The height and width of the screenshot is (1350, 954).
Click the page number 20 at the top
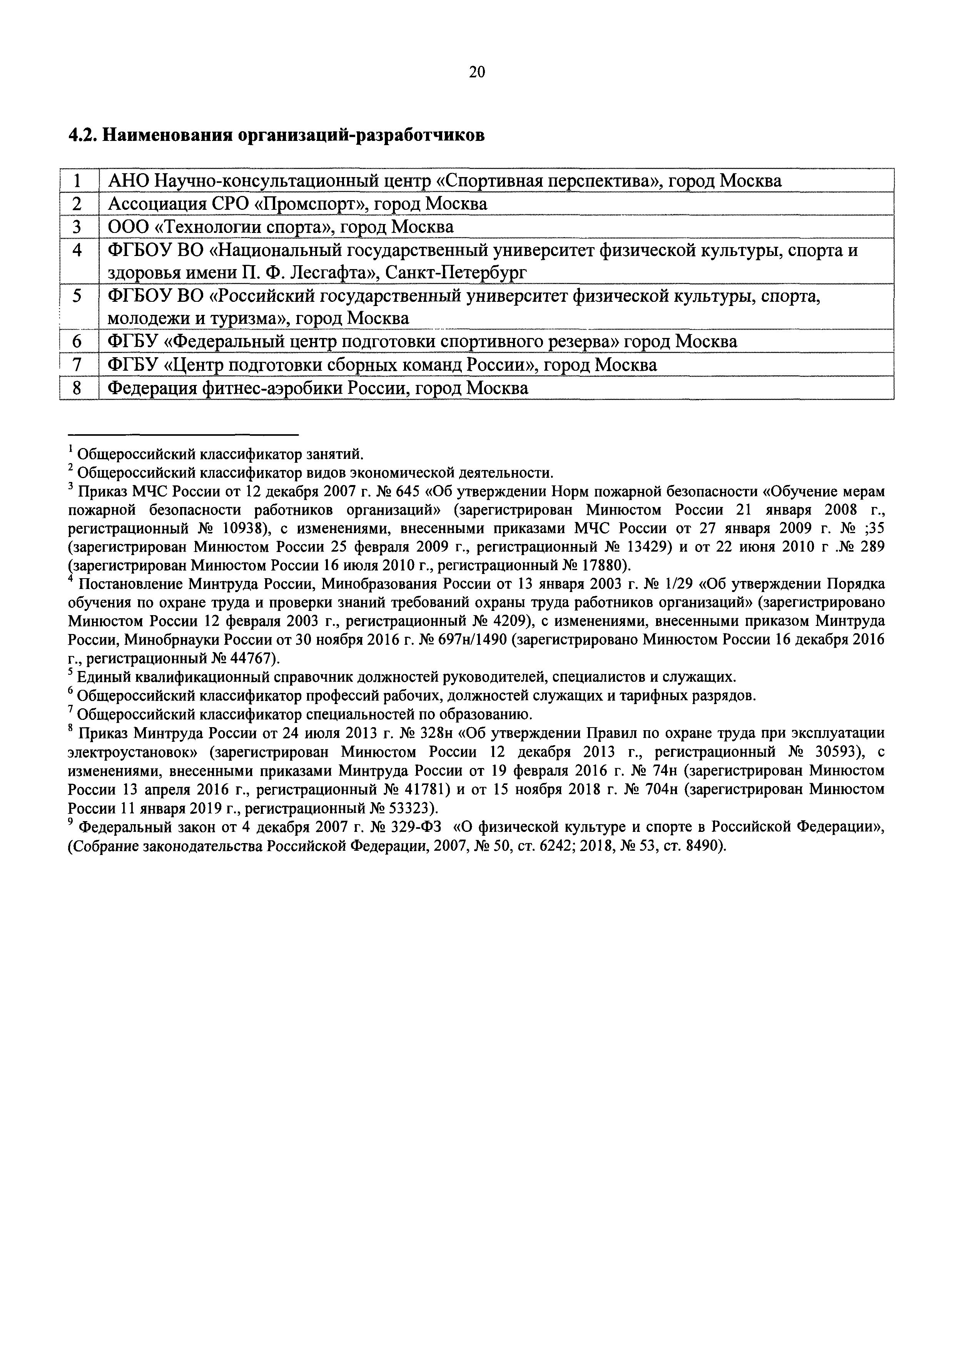[477, 72]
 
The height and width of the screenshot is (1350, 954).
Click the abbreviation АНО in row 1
[125, 181]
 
